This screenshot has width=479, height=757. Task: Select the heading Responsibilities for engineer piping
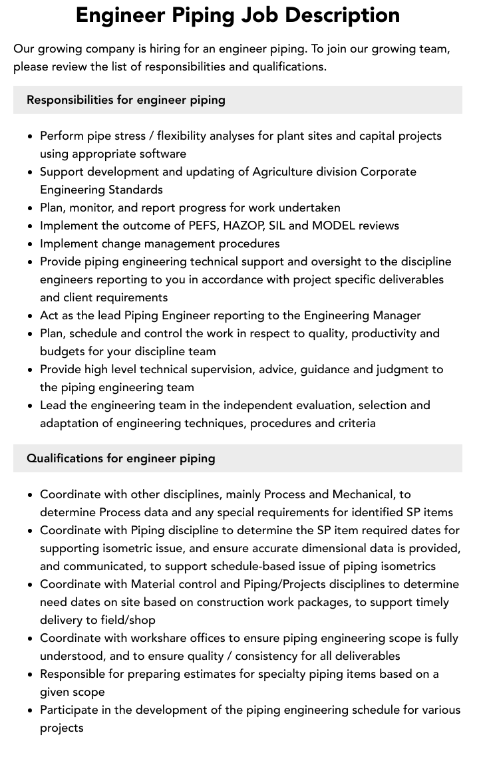tap(126, 100)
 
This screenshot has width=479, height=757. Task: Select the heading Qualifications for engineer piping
tap(120, 458)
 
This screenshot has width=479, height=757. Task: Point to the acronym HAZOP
tap(244, 226)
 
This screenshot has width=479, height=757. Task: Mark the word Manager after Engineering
tap(396, 315)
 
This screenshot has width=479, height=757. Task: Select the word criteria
tap(352, 423)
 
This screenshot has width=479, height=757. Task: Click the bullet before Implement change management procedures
tap(30, 244)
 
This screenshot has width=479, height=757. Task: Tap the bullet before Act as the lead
tap(30, 316)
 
